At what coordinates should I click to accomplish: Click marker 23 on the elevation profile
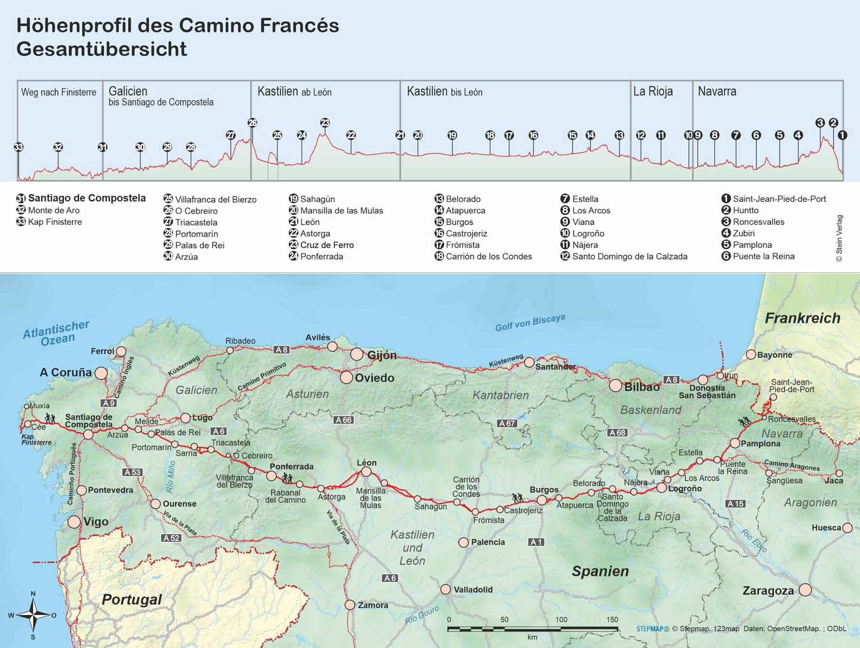(x=325, y=123)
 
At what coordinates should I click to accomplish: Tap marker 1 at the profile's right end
(x=843, y=135)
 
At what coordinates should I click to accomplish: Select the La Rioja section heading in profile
(x=653, y=91)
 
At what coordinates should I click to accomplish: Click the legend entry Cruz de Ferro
(x=327, y=245)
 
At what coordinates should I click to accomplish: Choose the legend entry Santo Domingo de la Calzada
(x=629, y=257)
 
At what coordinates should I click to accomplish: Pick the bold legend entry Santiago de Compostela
(x=86, y=198)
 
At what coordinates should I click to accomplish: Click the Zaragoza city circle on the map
(x=805, y=590)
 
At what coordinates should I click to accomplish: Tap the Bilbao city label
(x=642, y=387)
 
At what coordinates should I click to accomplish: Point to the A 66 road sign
(x=344, y=420)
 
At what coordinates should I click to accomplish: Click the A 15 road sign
(x=735, y=504)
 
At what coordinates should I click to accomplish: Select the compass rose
(x=33, y=615)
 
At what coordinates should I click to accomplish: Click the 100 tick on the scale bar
(x=561, y=619)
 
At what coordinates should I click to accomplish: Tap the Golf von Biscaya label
(x=530, y=323)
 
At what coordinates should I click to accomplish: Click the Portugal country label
(x=132, y=599)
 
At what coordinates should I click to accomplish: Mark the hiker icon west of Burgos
(x=518, y=498)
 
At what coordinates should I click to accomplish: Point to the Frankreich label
(x=802, y=318)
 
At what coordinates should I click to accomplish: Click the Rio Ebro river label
(x=754, y=540)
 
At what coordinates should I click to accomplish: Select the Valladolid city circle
(x=446, y=589)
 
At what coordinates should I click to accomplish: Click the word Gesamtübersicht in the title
(x=101, y=49)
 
